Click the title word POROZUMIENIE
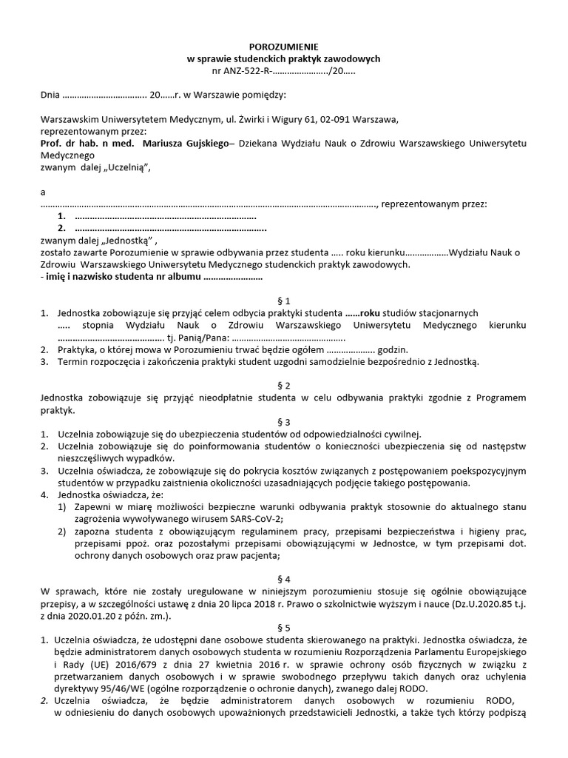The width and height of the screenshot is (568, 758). (x=284, y=46)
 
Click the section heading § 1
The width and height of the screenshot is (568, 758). (x=284, y=301)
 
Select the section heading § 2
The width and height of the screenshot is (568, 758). (x=284, y=386)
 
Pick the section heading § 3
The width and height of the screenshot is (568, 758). (x=284, y=422)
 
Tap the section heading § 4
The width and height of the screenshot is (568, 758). (x=284, y=579)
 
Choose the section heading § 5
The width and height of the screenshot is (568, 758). (x=284, y=626)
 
